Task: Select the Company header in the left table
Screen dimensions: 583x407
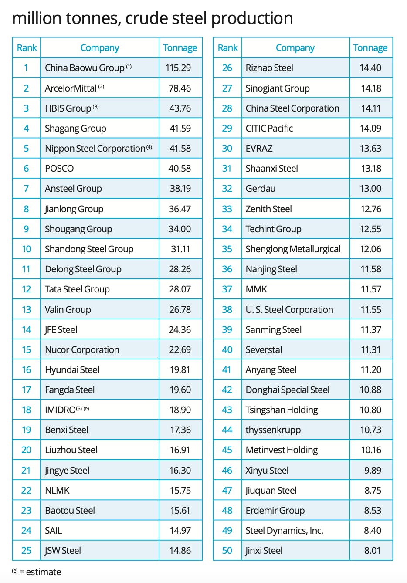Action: [100, 48]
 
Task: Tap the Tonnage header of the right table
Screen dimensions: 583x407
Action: [370, 48]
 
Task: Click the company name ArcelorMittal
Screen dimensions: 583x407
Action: [71, 88]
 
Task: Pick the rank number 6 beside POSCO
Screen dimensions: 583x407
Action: [26, 169]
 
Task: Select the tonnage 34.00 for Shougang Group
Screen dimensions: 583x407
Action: [180, 229]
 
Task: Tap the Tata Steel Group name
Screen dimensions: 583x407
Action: [77, 289]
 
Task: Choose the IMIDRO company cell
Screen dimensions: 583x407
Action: [61, 410]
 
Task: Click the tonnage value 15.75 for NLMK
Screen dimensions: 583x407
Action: [180, 491]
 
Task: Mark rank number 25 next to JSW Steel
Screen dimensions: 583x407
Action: [26, 551]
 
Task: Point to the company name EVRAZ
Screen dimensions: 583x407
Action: [259, 149]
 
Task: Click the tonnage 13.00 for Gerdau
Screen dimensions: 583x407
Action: [371, 189]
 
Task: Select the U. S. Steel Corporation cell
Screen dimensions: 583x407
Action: [289, 310]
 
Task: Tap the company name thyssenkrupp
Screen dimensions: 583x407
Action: [273, 430]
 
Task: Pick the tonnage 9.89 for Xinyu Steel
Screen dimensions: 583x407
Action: [373, 471]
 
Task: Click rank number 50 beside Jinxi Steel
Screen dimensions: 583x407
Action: [227, 551]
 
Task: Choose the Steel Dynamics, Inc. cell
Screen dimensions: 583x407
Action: [284, 531]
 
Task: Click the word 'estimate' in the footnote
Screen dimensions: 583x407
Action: [44, 572]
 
